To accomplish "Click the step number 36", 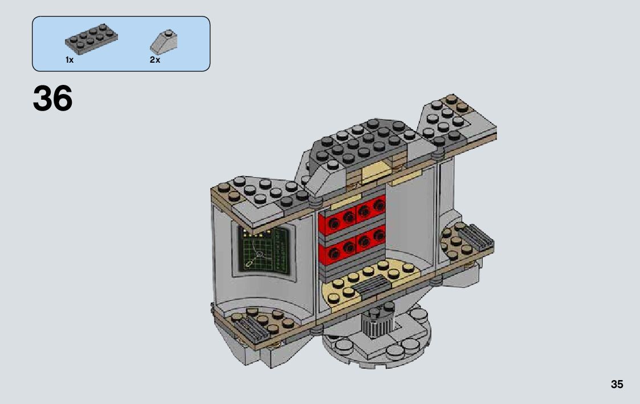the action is point(52,99).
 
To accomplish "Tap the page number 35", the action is point(617,384).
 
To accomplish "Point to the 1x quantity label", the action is point(70,60).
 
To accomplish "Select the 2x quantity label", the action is point(155,60).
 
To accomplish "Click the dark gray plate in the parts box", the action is point(91,39).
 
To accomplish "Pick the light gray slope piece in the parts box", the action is point(164,42).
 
